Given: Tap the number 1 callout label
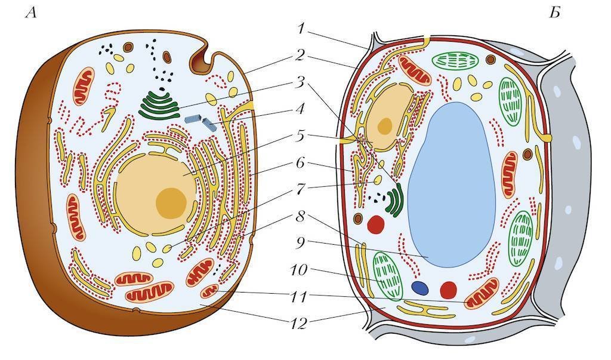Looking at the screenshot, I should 303,29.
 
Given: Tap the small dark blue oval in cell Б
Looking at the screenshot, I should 421,288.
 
